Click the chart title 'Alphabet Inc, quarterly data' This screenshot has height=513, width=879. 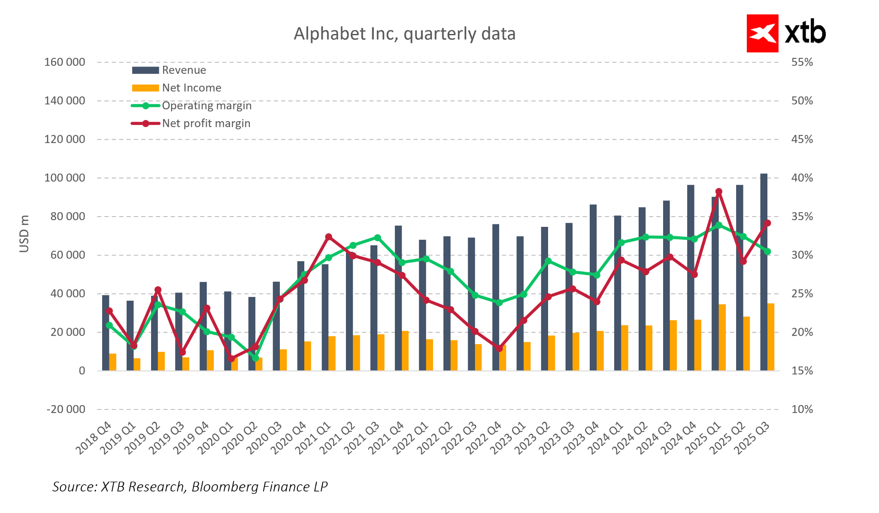404,34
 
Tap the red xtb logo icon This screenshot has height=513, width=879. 762,34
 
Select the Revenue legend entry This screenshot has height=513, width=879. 184,70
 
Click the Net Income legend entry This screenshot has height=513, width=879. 191,88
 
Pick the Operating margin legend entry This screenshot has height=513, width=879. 206,106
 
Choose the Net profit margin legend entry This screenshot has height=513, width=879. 206,123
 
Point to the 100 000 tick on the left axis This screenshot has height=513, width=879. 65,178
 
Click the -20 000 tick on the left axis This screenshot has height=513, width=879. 66,409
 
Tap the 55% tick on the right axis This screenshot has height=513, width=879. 802,62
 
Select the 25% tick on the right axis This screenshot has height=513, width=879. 802,294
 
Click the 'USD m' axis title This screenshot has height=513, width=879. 24,234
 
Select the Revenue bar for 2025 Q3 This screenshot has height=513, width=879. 764,272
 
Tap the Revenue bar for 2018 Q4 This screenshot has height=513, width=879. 106,333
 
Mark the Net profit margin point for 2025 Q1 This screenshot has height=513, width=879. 719,192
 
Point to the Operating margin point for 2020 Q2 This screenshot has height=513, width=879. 255,358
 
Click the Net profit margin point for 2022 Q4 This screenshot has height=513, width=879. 499,348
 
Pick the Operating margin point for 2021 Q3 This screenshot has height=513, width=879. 378,238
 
